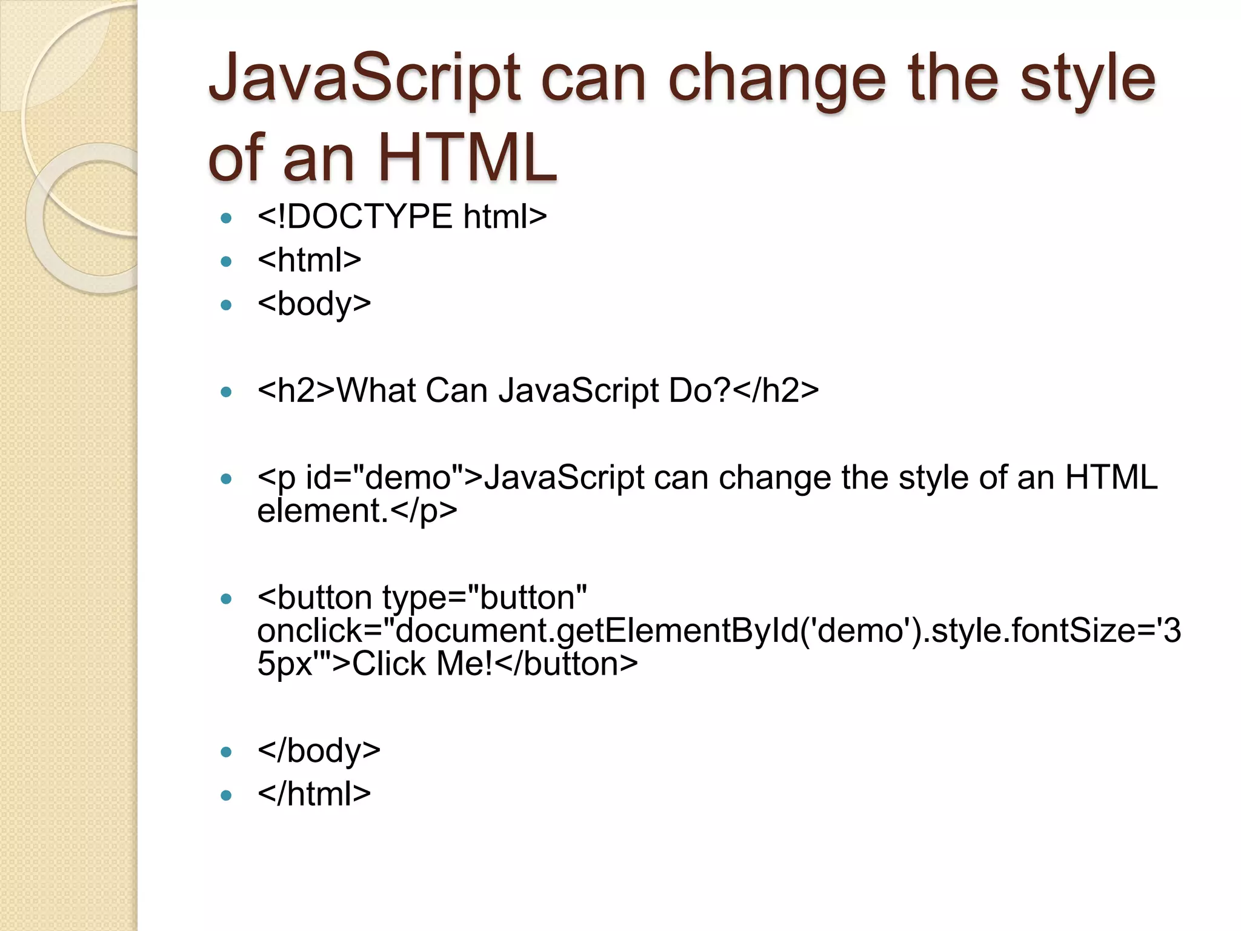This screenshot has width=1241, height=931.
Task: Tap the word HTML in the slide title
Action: [467, 158]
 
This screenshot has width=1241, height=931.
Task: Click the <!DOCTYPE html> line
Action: [402, 216]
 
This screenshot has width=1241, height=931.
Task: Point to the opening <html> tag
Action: [309, 260]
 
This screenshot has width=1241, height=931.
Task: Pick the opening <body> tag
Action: [314, 304]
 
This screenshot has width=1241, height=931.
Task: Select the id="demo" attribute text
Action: [385, 478]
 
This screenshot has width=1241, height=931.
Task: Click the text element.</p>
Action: [357, 510]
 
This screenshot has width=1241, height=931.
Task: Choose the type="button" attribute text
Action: [485, 598]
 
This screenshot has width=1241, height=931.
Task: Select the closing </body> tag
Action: [319, 751]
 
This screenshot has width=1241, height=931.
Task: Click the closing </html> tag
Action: [314, 794]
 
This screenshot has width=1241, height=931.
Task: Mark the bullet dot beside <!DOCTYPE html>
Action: [227, 218]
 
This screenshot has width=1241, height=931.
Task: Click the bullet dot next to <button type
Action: [227, 599]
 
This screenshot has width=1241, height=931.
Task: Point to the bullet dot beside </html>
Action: [227, 795]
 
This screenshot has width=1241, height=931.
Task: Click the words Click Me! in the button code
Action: [422, 664]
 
